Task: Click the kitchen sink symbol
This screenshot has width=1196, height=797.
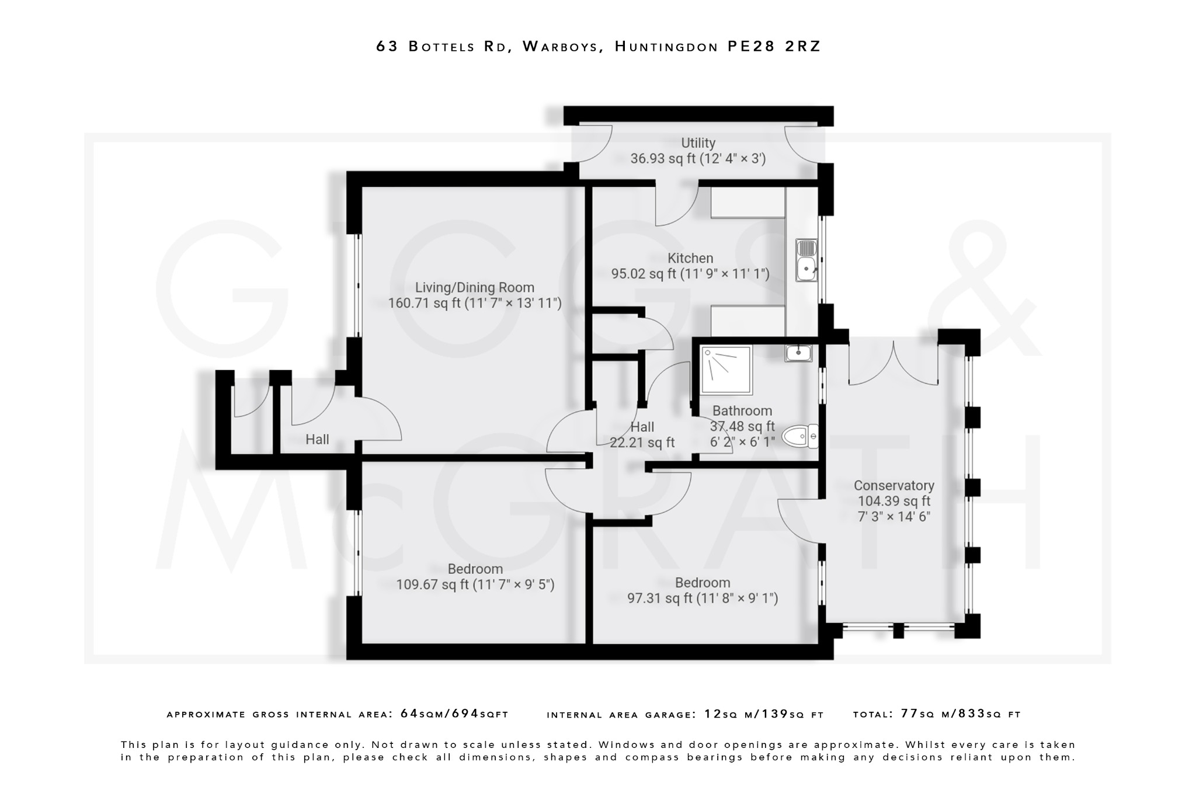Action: (806, 260)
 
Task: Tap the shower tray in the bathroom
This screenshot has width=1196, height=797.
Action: (726, 370)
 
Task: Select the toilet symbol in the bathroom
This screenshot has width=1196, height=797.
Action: (799, 436)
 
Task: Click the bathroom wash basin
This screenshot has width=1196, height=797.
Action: (798, 353)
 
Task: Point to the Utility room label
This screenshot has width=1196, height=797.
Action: (698, 143)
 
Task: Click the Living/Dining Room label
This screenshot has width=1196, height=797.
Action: (474, 287)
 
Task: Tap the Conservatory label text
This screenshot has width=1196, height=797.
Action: (893, 486)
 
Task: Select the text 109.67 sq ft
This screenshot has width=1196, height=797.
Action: (432, 584)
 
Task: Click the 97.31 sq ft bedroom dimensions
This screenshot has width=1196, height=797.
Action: (703, 598)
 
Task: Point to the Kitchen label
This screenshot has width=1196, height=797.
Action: (690, 258)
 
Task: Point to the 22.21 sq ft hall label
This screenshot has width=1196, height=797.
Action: (642, 443)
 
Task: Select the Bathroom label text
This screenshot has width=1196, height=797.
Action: (742, 411)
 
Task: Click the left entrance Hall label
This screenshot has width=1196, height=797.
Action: (317, 440)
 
